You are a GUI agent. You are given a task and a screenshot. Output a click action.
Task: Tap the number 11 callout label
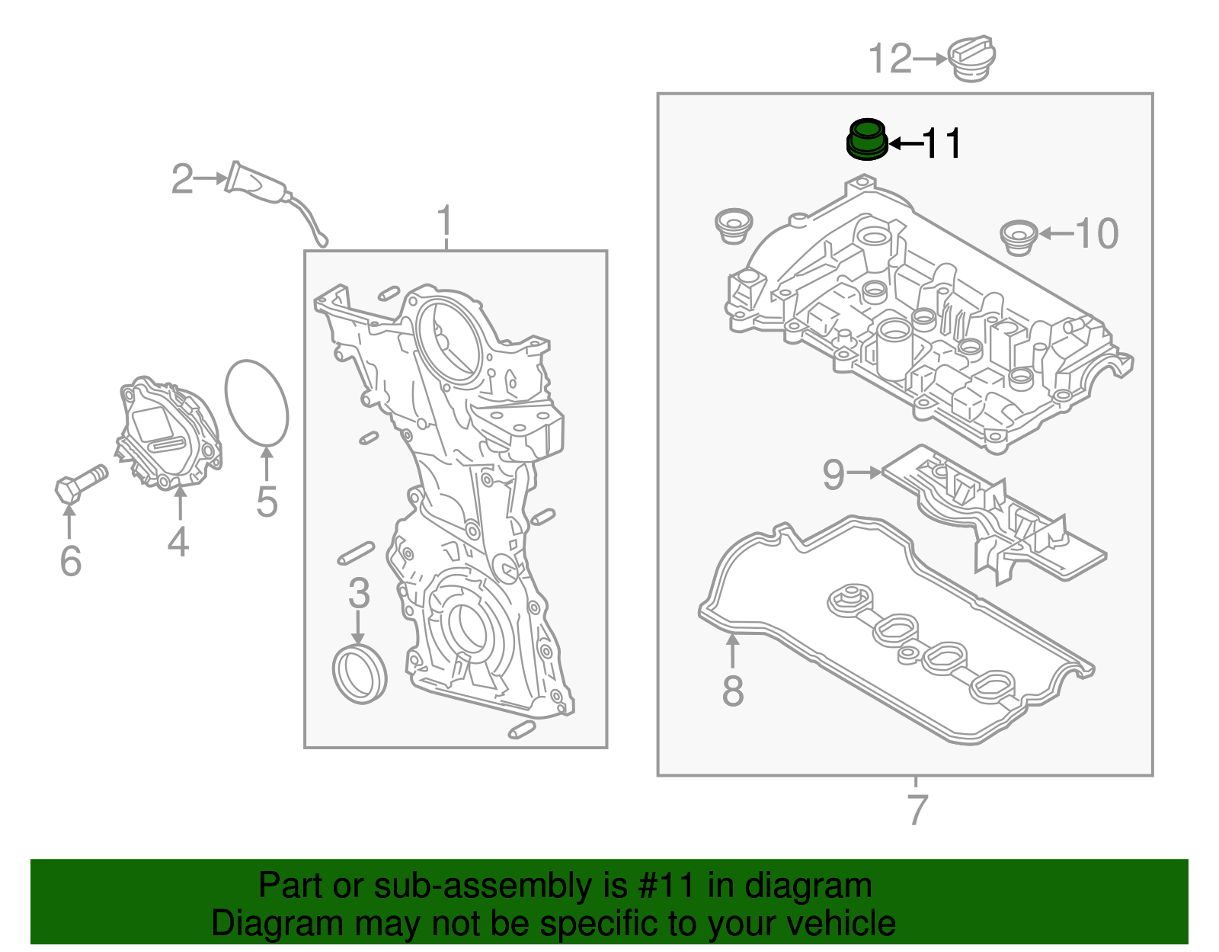pos(942,143)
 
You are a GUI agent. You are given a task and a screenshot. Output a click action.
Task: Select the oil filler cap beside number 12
pos(971,58)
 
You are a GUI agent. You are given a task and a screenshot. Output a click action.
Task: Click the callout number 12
pos(890,59)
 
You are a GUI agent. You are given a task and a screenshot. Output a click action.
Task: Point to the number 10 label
pos(1097,233)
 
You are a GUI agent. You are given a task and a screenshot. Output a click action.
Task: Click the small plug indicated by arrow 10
pos(1019,238)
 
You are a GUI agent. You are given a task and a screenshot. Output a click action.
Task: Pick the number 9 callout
pos(833,474)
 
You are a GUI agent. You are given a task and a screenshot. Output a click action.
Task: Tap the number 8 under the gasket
pos(732,691)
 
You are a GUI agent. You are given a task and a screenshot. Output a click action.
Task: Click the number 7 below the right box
pos(917,809)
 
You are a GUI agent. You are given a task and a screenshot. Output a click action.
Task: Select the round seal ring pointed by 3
pos(360,674)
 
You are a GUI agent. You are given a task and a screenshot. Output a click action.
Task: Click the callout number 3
pos(359,593)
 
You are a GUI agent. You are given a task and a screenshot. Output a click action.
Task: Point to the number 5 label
pos(267,502)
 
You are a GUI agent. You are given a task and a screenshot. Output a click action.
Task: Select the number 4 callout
pos(178,542)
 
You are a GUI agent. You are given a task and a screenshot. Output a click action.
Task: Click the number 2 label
pos(182,179)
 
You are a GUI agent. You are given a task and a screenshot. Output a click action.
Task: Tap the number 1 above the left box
pos(446,222)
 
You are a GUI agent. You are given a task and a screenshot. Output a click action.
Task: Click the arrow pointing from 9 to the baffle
pos(864,473)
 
